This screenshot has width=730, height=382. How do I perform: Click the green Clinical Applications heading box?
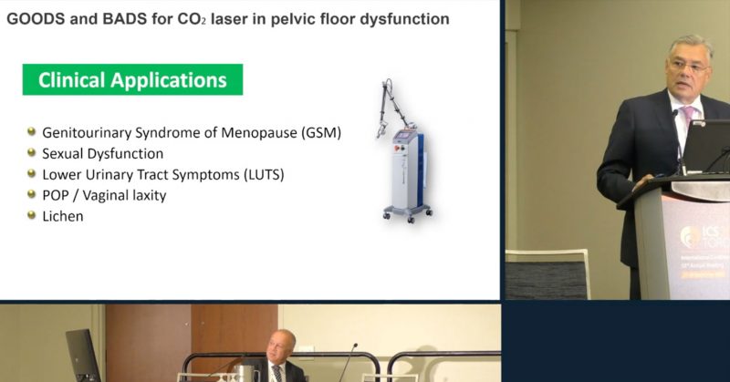pos(132,80)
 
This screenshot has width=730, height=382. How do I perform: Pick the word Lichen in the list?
pos(62,215)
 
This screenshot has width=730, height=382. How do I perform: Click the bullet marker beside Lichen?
pos(32,215)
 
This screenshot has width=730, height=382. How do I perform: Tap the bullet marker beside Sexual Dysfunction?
pos(32,153)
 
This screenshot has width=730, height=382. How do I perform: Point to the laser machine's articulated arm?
pos(393,105)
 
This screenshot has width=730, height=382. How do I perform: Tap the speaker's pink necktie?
pos(687,123)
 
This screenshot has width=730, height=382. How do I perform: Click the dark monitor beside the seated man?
pos(83,355)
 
